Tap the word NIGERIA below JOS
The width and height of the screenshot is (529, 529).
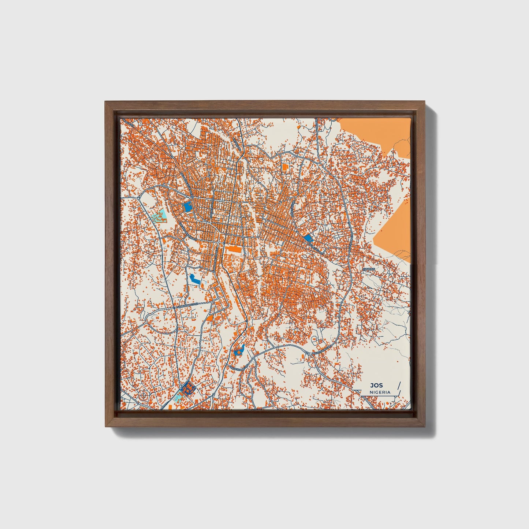pyautogui.click(x=380, y=392)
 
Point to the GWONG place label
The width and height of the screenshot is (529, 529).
pyautogui.click(x=369, y=269)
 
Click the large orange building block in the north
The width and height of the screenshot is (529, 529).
pyautogui.click(x=285, y=167)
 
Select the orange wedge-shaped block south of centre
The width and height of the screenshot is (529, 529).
pyautogui.click(x=210, y=318)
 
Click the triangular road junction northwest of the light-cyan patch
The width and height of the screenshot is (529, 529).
pyautogui.click(x=140, y=197)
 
